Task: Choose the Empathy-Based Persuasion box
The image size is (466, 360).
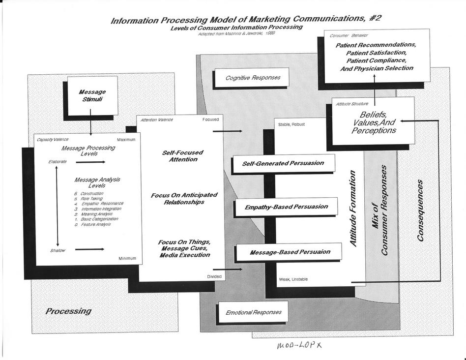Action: pos(286,207)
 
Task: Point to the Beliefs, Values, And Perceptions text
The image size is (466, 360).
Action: pos(374,121)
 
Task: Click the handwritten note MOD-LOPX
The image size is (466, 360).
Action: pos(298,346)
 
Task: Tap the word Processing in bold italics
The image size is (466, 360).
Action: pos(68,311)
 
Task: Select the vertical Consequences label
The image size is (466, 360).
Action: pos(420,210)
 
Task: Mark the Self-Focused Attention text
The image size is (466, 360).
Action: pos(182,156)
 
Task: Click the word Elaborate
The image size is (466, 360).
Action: pos(58,161)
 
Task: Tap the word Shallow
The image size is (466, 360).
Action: pos(58,250)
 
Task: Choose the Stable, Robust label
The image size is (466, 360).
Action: pos(291,124)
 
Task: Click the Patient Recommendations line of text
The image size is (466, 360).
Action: pos(376,45)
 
